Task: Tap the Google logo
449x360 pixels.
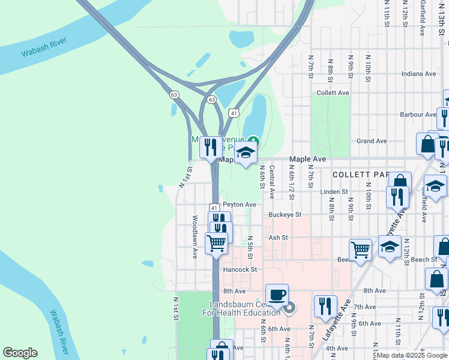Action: tap(20, 353)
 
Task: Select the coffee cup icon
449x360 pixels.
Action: tap(277, 295)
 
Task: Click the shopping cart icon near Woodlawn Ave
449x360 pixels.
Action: tap(216, 243)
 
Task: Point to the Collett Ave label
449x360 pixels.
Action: tap(333, 93)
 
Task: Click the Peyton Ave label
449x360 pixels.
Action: tap(240, 205)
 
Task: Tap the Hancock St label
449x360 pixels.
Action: tap(240, 270)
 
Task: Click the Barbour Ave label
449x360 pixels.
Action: tap(418, 114)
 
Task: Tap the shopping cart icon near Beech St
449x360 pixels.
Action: tap(360, 249)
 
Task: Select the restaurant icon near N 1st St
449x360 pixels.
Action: tap(210, 147)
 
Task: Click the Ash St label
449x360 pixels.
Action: tap(279, 238)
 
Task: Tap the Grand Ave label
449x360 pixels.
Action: tap(371, 141)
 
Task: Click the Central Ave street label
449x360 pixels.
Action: tap(272, 182)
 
